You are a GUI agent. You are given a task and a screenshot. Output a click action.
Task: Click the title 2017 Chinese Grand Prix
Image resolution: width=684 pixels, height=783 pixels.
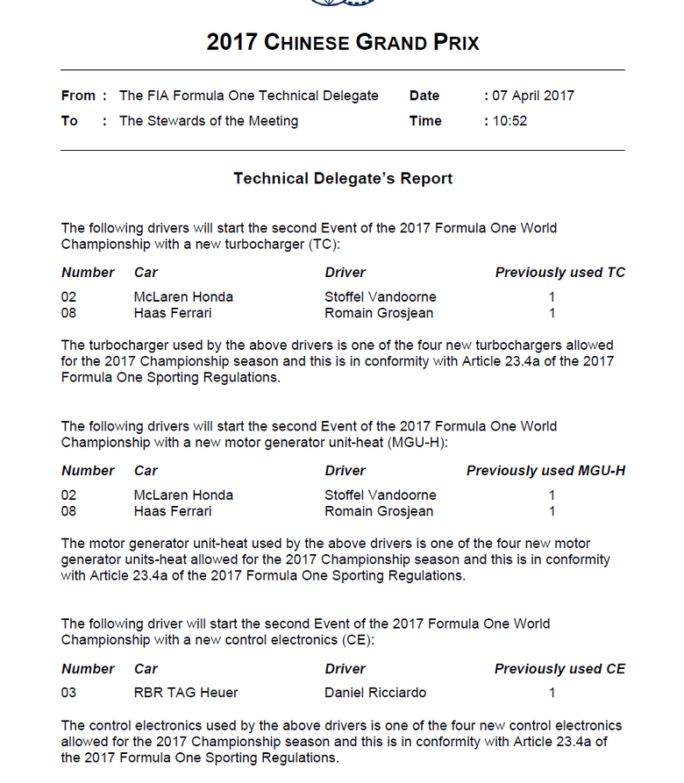343,42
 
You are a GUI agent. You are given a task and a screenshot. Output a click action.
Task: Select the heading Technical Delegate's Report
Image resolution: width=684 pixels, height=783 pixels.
343,178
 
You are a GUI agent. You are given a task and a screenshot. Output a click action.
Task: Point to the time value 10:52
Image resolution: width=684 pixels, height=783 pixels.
509,121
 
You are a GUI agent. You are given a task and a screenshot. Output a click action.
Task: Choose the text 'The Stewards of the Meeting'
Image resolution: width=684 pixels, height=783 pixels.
209,121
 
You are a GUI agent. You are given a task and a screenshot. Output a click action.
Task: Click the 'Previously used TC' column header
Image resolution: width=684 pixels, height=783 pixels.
559,273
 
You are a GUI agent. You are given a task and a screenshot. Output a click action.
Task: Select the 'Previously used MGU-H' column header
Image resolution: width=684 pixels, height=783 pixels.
545,471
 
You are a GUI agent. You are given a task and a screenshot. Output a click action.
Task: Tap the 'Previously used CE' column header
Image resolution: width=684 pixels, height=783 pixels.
559,669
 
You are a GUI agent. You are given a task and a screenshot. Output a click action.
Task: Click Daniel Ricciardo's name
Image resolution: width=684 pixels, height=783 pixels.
375,693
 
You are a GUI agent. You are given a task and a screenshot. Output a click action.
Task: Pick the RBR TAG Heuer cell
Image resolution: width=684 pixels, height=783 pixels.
186,693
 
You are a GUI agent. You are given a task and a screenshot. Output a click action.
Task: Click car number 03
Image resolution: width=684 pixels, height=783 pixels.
69,693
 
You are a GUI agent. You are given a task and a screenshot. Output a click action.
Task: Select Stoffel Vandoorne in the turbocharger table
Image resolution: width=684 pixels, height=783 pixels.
380,297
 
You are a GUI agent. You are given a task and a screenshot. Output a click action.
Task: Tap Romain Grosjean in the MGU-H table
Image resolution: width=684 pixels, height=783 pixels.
379,511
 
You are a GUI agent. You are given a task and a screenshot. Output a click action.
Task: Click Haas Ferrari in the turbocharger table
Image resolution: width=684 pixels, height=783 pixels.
173,313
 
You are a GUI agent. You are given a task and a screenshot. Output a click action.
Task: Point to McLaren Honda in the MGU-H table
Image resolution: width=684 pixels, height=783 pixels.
183,495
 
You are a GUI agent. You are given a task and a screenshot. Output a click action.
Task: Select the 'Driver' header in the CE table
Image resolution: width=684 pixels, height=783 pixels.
345,669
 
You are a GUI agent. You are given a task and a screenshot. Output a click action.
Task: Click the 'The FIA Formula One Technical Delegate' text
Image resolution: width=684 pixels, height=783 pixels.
249,96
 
